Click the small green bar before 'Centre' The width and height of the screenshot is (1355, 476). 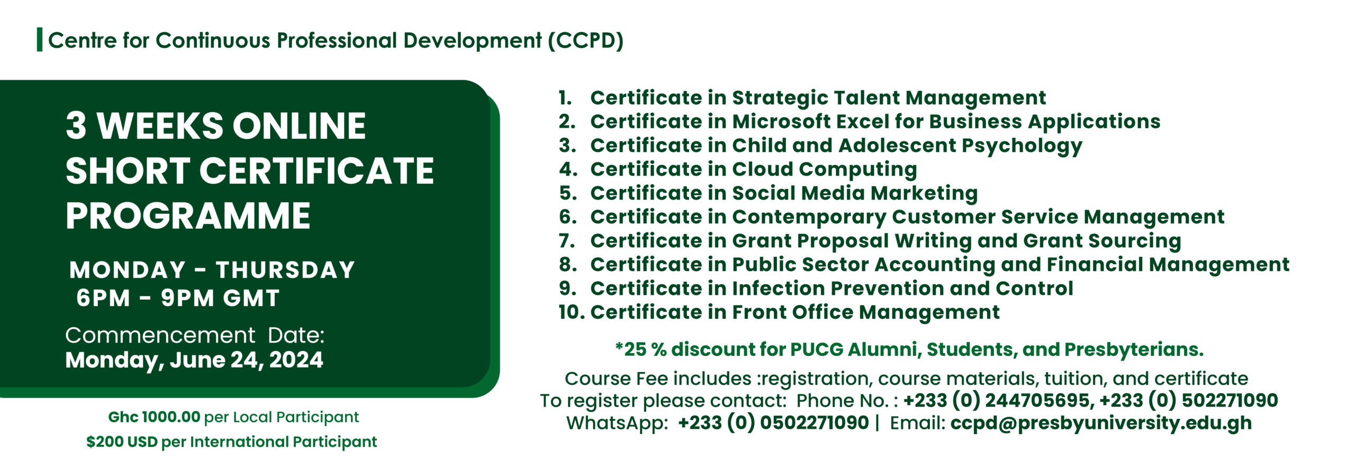click(x=39, y=40)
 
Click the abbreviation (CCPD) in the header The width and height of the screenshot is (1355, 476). click(x=585, y=41)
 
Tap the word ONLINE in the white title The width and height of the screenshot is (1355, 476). click(x=299, y=127)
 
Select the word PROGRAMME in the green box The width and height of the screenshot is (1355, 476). click(x=188, y=217)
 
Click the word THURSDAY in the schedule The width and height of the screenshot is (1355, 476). click(x=285, y=270)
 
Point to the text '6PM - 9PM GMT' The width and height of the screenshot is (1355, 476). click(x=178, y=298)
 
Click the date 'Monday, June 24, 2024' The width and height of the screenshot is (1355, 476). click(x=194, y=360)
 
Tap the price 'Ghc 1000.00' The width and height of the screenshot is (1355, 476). click(x=154, y=417)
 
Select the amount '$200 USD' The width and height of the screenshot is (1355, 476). click(x=122, y=442)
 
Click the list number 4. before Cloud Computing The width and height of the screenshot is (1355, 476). click(x=568, y=169)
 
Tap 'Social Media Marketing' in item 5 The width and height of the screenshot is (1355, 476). click(x=854, y=193)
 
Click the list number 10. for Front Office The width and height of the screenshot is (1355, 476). click(x=571, y=312)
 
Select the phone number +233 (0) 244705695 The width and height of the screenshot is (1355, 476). click(x=998, y=401)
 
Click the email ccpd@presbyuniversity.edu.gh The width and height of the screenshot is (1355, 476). click(x=1101, y=423)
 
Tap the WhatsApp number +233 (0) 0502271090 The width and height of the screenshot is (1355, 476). click(x=773, y=423)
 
